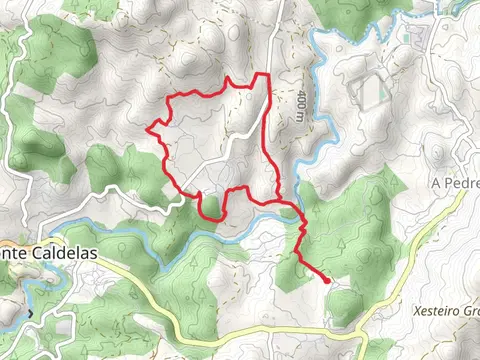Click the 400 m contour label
[x=302, y=105]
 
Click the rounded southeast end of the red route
[x=326, y=282]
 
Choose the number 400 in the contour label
[x=302, y=100]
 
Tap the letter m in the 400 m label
[x=302, y=116]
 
